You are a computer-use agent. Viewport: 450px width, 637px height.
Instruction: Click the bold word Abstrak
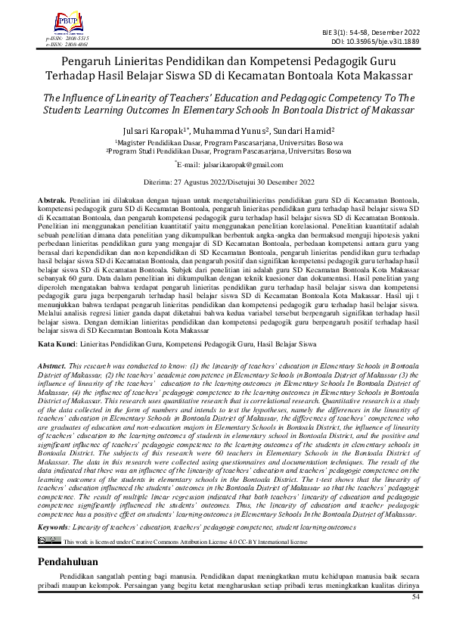pos(51,197)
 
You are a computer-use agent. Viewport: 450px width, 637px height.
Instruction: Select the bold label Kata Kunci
pos(57,344)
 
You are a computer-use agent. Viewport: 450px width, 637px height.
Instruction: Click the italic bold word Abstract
pos(52,365)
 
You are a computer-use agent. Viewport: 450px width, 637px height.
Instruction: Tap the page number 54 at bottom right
pos(414,597)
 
